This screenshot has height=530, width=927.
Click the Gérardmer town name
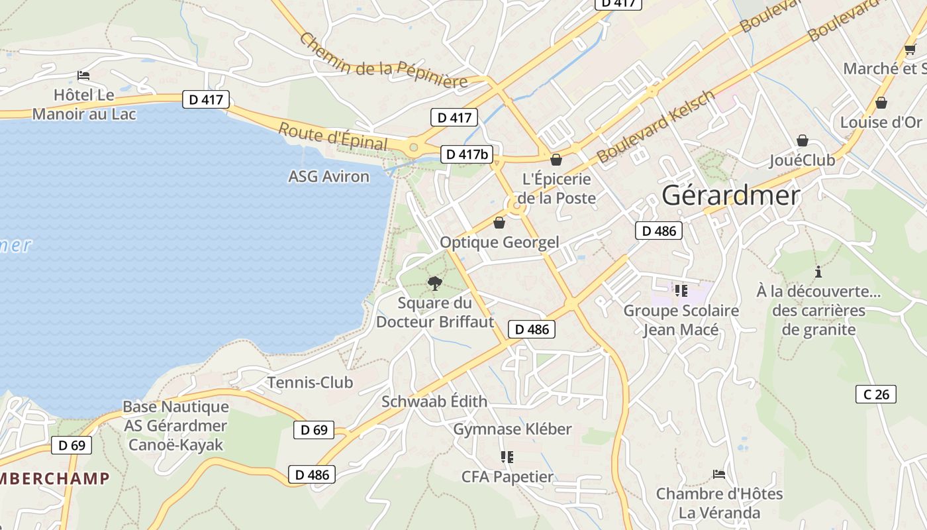731,195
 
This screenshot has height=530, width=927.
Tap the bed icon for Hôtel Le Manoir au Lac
83,76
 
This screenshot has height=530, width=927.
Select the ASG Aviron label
328,176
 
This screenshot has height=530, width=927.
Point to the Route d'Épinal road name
332,136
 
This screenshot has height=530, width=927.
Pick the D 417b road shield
467,154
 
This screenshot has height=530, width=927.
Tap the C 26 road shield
876,394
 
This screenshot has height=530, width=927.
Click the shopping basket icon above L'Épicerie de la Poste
556,160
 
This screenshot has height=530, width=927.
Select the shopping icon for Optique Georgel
499,223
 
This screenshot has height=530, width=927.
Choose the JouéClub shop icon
803,140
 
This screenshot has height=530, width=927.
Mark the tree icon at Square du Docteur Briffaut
435,284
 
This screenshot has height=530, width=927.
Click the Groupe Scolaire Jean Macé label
681,319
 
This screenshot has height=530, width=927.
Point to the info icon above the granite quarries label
819,272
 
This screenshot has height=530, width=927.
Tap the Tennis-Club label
310,382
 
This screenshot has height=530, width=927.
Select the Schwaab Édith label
434,401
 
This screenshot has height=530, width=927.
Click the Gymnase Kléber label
512,429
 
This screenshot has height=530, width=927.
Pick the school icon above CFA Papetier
507,456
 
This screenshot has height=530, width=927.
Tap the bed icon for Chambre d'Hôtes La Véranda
719,474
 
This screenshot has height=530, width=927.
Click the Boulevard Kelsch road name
656,127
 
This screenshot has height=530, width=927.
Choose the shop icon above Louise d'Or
881,103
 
